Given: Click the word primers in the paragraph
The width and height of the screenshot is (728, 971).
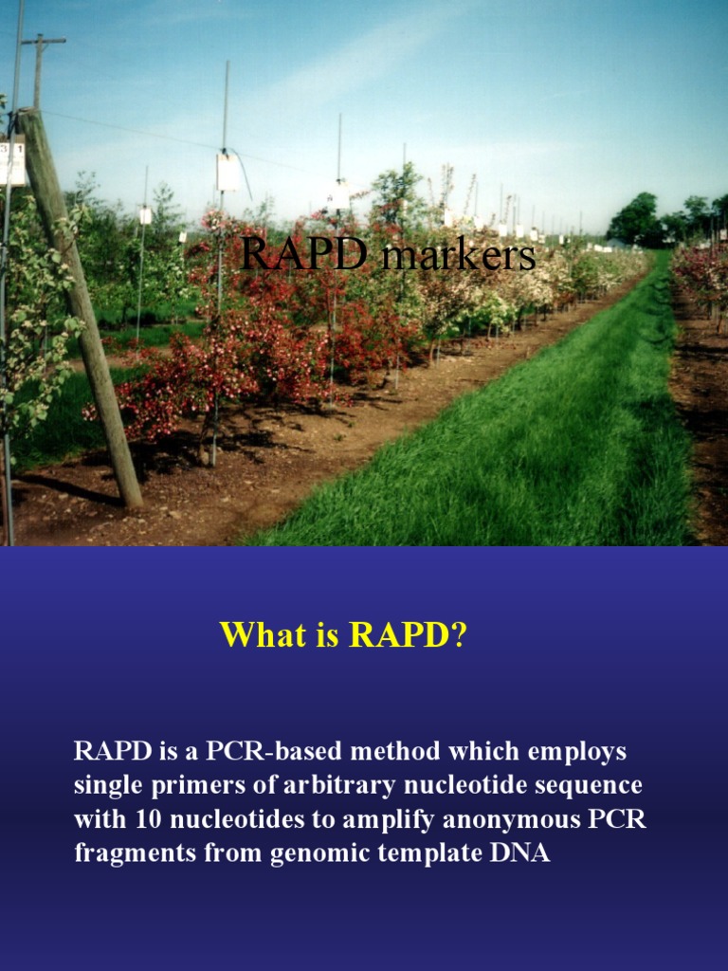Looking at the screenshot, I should (172, 787).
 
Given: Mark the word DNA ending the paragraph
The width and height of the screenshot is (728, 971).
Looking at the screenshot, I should (519, 852).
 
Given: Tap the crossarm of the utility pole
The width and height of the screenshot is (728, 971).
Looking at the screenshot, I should (44, 41).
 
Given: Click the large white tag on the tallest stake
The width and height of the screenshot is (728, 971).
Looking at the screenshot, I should (227, 171).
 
